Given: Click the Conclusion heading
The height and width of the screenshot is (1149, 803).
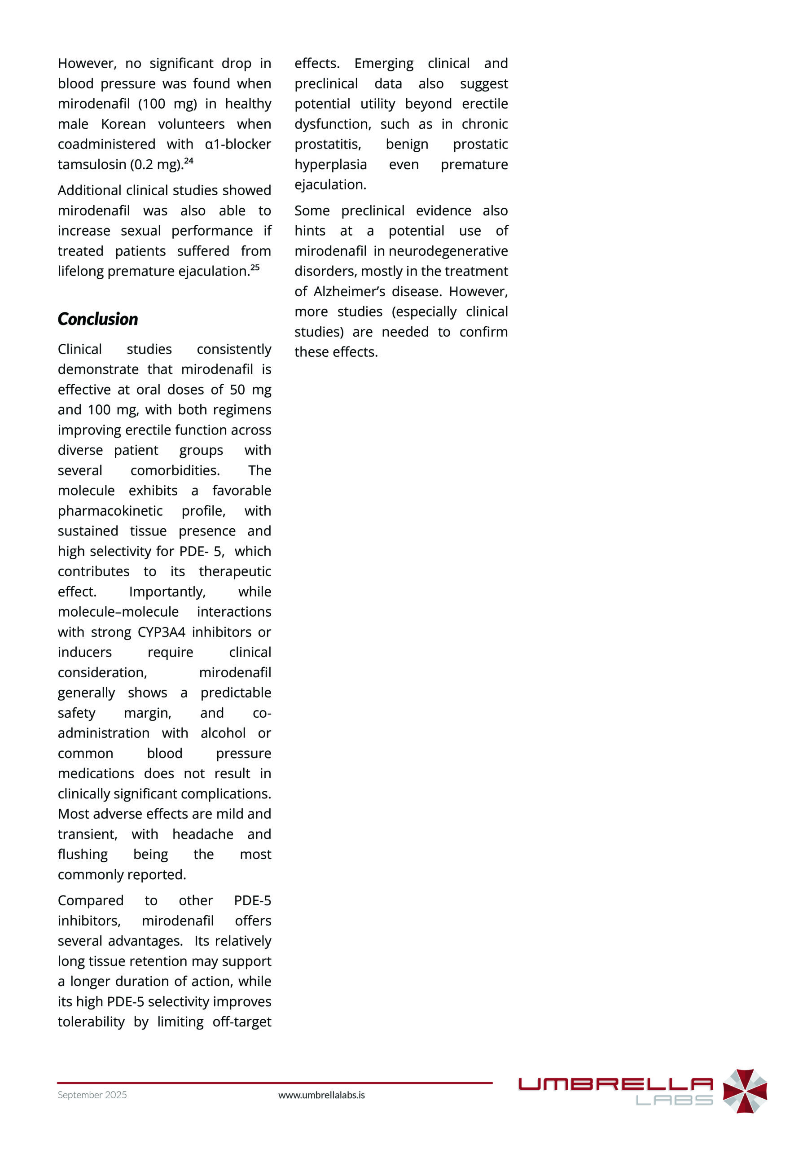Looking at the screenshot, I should pos(97,319).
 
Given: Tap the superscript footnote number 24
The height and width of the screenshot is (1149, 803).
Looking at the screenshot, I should pos(189,161).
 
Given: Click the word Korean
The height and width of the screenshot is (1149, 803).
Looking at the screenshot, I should pos(123,123).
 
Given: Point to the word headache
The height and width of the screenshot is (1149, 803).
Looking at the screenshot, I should pos(202,834).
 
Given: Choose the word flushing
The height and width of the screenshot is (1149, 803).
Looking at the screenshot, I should pos(83,854).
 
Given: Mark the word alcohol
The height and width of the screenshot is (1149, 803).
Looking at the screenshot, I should pos(223,733).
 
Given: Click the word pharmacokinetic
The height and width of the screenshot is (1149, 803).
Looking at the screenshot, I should pos(110,511).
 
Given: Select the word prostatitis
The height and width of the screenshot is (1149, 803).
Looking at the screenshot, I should pos(327,144).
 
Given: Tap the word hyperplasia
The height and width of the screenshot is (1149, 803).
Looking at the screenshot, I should pos(330,165).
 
